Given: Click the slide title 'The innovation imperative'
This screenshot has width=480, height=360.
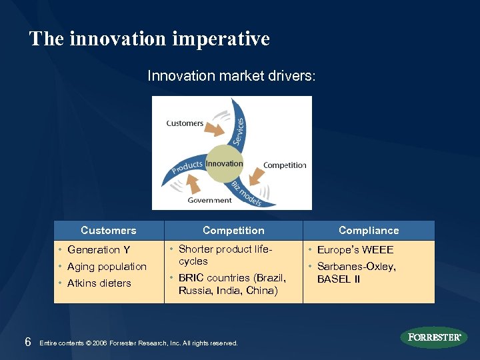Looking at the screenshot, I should (x=149, y=39).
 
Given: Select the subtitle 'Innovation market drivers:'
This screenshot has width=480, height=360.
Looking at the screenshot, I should (x=231, y=76).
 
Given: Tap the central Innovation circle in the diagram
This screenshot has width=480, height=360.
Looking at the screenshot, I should (x=224, y=164).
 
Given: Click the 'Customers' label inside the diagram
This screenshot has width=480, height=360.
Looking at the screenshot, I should (x=185, y=123).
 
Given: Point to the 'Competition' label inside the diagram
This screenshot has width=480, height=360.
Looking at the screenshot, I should (x=285, y=165).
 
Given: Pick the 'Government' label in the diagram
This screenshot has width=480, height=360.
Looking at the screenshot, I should (x=209, y=200).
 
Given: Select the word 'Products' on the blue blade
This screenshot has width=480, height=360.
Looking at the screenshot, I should (x=187, y=166).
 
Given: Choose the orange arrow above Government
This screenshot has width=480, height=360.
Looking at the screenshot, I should (x=193, y=183).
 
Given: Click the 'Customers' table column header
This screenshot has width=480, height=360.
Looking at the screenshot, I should (x=108, y=230).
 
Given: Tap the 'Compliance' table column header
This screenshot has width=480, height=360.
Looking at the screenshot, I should (x=369, y=230).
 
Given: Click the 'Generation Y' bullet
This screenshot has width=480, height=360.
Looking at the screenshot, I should (x=99, y=250).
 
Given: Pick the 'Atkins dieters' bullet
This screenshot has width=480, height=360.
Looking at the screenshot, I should (x=99, y=283).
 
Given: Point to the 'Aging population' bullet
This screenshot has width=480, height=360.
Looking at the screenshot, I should (x=107, y=267).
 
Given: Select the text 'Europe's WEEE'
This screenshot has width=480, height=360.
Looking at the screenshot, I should (x=355, y=250).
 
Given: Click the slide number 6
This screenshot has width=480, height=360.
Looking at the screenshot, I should (x=27, y=342).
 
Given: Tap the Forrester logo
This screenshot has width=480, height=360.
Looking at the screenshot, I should (x=434, y=337).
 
